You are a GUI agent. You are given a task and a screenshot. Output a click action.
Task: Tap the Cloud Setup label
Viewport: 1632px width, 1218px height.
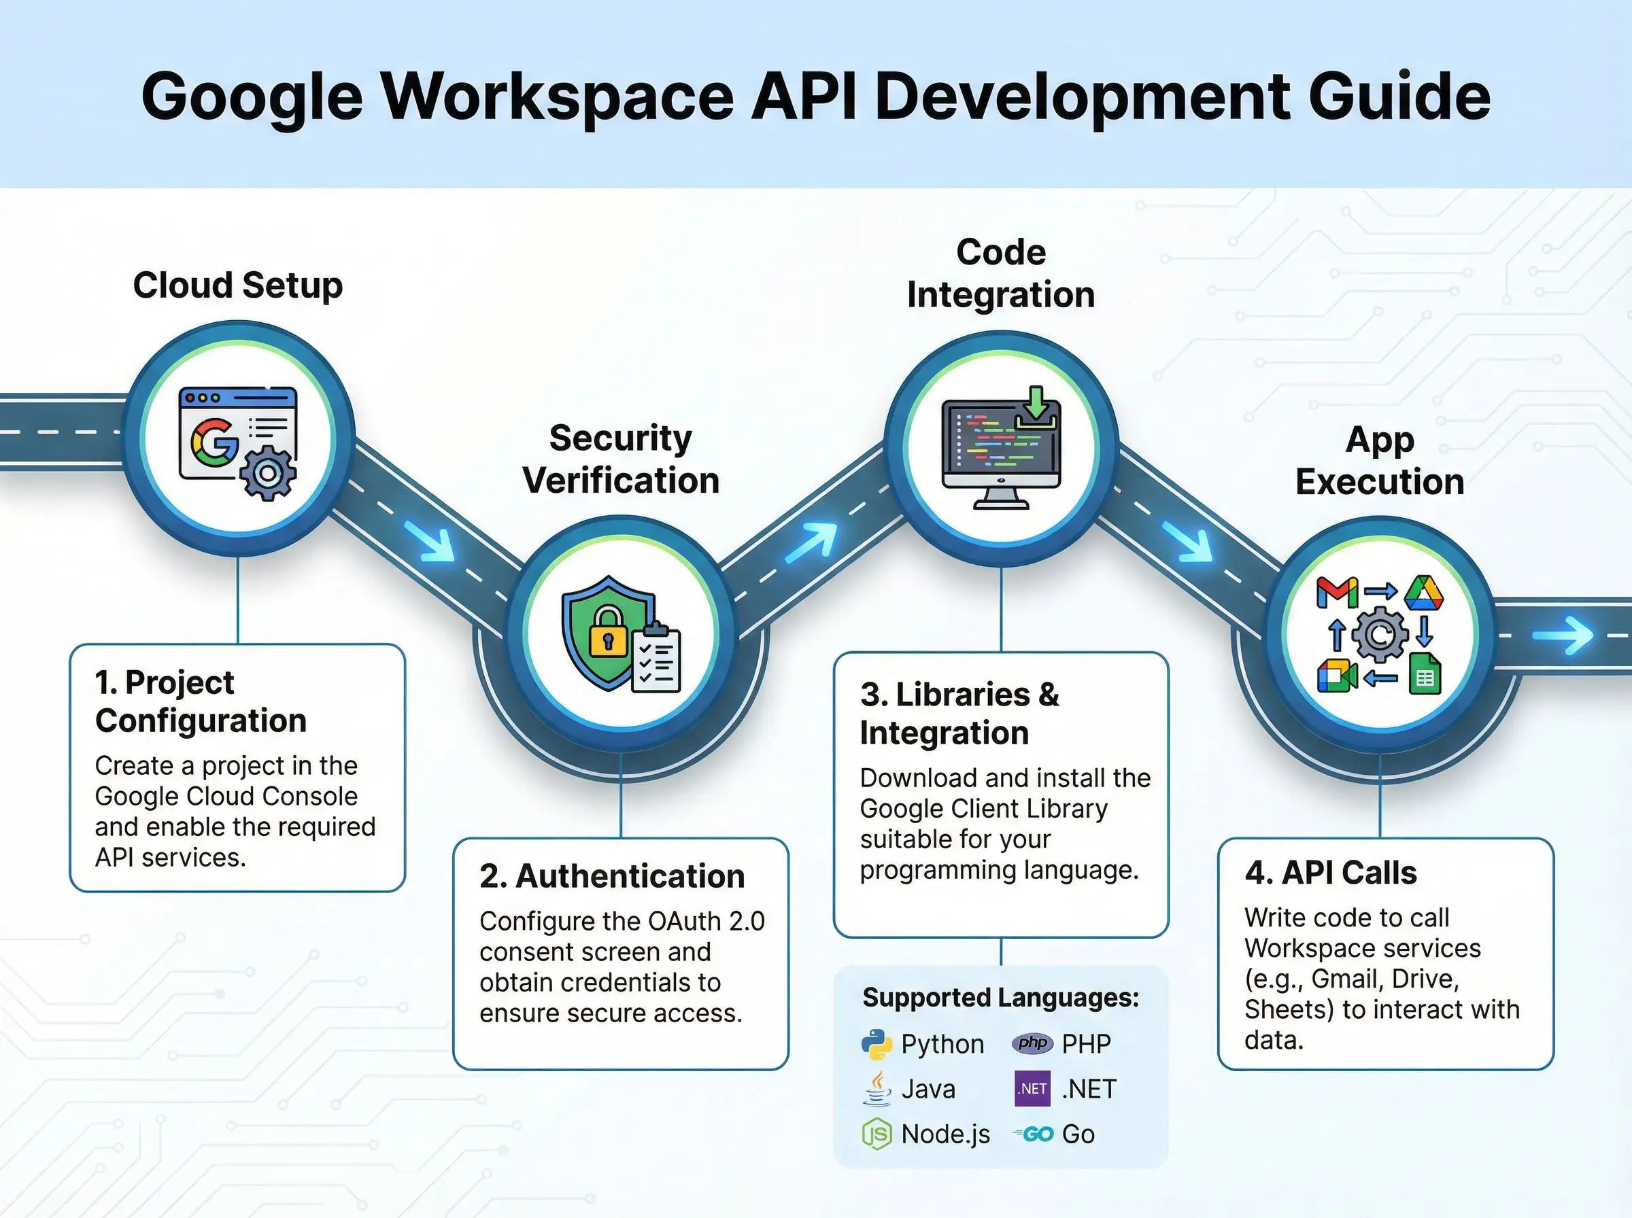click(237, 285)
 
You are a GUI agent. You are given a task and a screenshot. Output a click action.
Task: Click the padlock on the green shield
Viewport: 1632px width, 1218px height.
click(608, 630)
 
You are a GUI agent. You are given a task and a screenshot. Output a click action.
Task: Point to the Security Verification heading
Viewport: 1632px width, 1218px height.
click(621, 459)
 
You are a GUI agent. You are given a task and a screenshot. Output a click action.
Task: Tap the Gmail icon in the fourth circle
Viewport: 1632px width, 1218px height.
click(1337, 592)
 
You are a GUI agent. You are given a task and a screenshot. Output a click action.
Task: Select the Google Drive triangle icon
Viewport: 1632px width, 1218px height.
click(1423, 593)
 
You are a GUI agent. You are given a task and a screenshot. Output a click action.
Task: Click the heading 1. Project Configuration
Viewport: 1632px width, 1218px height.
click(201, 701)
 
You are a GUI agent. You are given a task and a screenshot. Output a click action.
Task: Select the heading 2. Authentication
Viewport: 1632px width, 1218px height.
click(612, 876)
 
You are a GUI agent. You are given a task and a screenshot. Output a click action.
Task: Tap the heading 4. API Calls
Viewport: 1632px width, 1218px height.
click(1330, 872)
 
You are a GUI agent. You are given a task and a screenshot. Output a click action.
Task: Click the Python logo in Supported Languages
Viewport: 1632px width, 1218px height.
click(877, 1044)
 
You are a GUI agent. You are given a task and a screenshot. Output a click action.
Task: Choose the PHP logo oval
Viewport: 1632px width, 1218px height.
click(1032, 1043)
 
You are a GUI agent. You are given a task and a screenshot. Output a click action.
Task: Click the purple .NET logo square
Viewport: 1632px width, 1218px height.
click(1032, 1089)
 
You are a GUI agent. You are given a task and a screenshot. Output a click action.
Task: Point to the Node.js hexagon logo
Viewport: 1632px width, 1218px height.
click(877, 1134)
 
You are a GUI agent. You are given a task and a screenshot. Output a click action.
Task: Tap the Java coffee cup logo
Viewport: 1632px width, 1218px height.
click(877, 1088)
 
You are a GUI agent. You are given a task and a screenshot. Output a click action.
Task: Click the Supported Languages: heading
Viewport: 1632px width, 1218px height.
click(1001, 998)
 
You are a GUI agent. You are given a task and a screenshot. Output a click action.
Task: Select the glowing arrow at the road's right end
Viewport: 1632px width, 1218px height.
click(1563, 636)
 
